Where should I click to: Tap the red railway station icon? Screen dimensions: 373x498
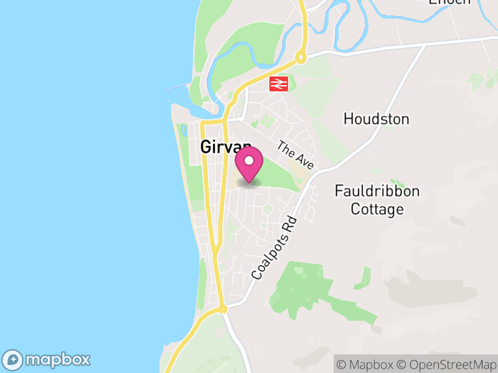pyautogui.click(x=278, y=84)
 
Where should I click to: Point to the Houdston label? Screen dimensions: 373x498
pyautogui.click(x=376, y=119)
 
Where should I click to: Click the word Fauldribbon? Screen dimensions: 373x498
pyautogui.click(x=377, y=191)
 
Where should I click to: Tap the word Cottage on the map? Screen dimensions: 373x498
pyautogui.click(x=377, y=209)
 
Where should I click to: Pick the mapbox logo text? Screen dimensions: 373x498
pyautogui.click(x=58, y=359)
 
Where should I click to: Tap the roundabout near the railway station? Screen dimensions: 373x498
pyautogui.click(x=301, y=58)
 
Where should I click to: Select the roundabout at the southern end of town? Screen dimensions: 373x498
pyautogui.click(x=222, y=308)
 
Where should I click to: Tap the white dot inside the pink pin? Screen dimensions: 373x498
pyautogui.click(x=249, y=161)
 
